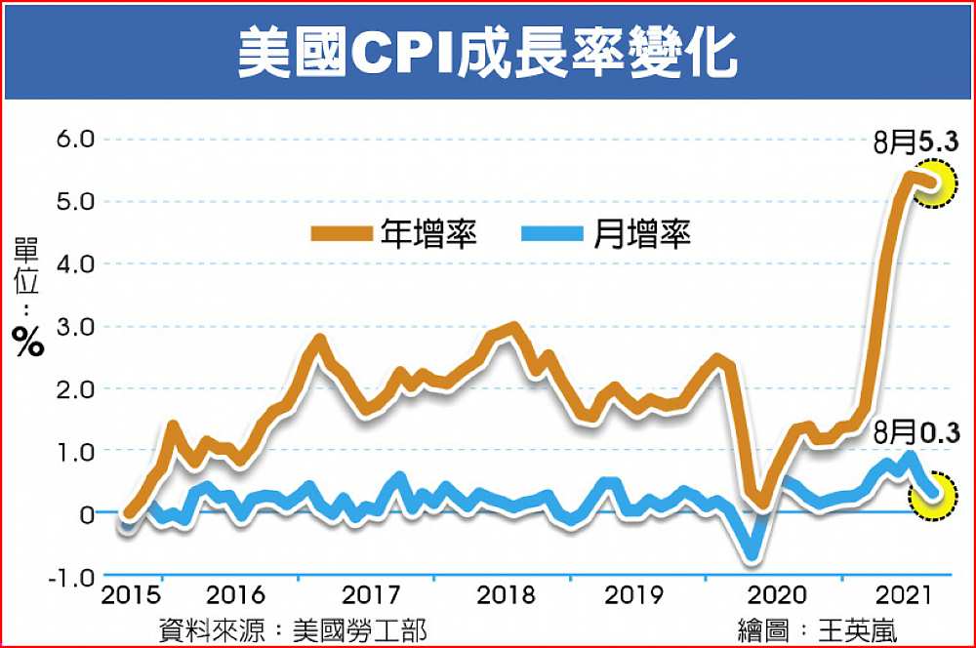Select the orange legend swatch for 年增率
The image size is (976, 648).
pos(341,233)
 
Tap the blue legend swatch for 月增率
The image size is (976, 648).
pos(550,233)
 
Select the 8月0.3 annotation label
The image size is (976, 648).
pos(916,430)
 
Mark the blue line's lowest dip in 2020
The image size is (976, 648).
pos(751,556)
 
